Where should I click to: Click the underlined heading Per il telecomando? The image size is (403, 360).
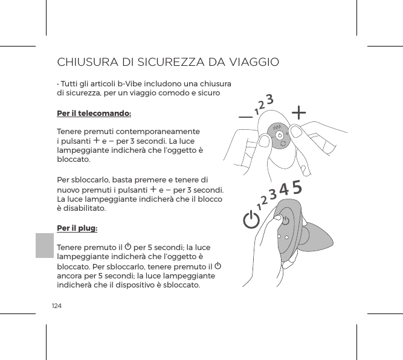tap(94, 113)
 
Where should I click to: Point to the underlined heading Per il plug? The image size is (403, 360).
tap(77, 229)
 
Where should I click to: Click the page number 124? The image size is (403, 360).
tap(57, 306)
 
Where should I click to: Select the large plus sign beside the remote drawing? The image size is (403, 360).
tap(299, 112)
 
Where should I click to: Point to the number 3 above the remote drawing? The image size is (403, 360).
tap(270, 98)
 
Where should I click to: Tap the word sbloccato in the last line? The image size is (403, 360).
tap(180, 285)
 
